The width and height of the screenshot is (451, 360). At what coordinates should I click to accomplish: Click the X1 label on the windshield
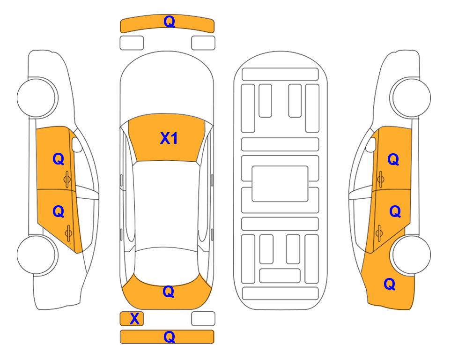point(169,138)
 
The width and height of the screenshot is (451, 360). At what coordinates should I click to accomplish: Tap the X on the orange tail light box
point(134,319)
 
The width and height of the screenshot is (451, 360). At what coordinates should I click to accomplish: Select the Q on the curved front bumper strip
point(170,22)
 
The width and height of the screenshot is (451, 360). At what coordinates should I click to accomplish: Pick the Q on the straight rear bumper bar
point(169,337)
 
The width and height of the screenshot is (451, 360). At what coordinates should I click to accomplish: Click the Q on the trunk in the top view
point(169,292)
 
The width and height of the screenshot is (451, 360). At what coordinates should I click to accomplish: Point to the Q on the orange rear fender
point(390,284)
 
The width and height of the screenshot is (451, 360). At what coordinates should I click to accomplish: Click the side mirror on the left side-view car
point(76,144)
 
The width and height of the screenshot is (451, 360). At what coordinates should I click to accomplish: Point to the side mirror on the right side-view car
point(371,144)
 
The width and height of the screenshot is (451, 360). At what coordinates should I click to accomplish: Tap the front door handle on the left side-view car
point(67,179)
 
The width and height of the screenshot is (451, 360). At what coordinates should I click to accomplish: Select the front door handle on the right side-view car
point(381,179)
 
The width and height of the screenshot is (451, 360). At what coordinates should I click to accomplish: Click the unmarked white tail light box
point(203,319)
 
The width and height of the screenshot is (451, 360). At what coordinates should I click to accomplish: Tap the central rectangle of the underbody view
point(280,184)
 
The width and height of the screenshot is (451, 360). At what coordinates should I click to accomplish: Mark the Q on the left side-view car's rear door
point(59,212)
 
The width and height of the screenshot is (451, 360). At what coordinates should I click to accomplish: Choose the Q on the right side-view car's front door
point(393,159)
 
